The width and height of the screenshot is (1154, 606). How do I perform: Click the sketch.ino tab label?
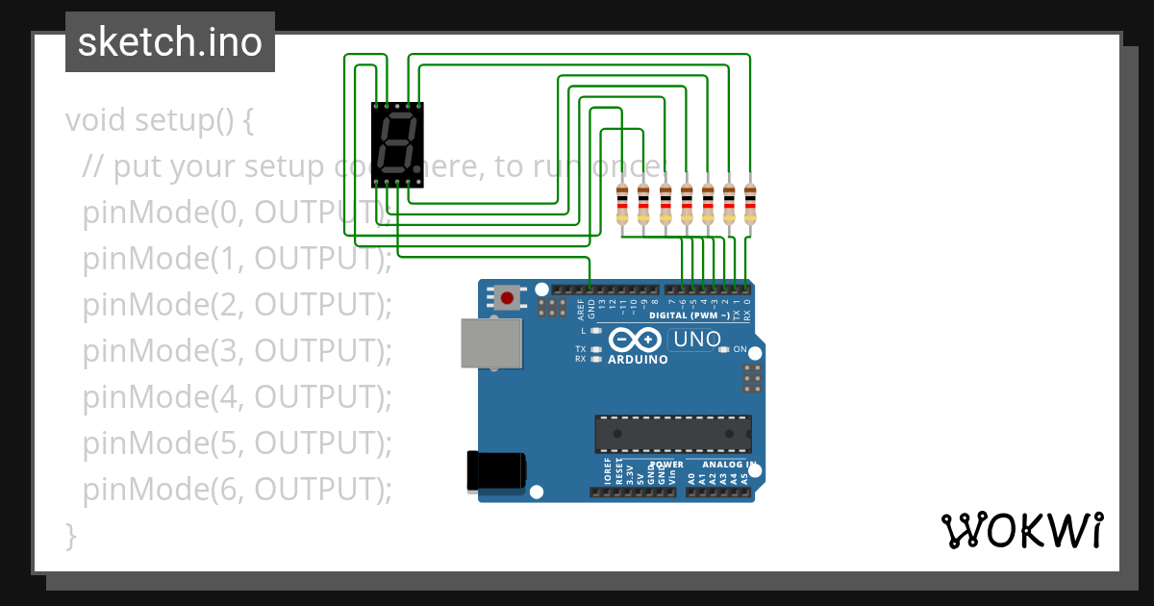pyautogui.click(x=170, y=42)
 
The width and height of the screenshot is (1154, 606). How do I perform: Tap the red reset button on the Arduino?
pyautogui.click(x=507, y=297)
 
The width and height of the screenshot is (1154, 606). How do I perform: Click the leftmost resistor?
pyautogui.click(x=622, y=204)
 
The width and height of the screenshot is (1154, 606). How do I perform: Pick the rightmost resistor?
pyautogui.click(x=750, y=204)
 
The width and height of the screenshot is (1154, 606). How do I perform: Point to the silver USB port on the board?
pyautogui.click(x=491, y=343)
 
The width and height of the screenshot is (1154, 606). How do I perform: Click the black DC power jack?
pyautogui.click(x=496, y=469)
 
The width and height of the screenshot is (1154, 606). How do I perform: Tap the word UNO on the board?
pyautogui.click(x=697, y=339)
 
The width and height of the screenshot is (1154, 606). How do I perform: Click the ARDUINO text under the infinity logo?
pyautogui.click(x=638, y=360)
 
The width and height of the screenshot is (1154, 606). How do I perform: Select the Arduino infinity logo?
pyautogui.click(x=635, y=340)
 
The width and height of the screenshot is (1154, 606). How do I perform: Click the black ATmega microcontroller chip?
pyautogui.click(x=672, y=434)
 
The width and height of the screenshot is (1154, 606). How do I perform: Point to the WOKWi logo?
pyautogui.click(x=1021, y=530)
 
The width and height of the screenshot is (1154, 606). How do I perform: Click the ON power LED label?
pyautogui.click(x=740, y=349)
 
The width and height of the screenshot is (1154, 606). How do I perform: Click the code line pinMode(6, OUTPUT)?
pyautogui.click(x=238, y=490)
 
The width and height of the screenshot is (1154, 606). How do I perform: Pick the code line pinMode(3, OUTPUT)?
pyautogui.click(x=238, y=351)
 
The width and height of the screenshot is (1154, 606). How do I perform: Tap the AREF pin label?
pyautogui.click(x=581, y=309)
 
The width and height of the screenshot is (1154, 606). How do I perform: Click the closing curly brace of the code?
pyautogui.click(x=70, y=535)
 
